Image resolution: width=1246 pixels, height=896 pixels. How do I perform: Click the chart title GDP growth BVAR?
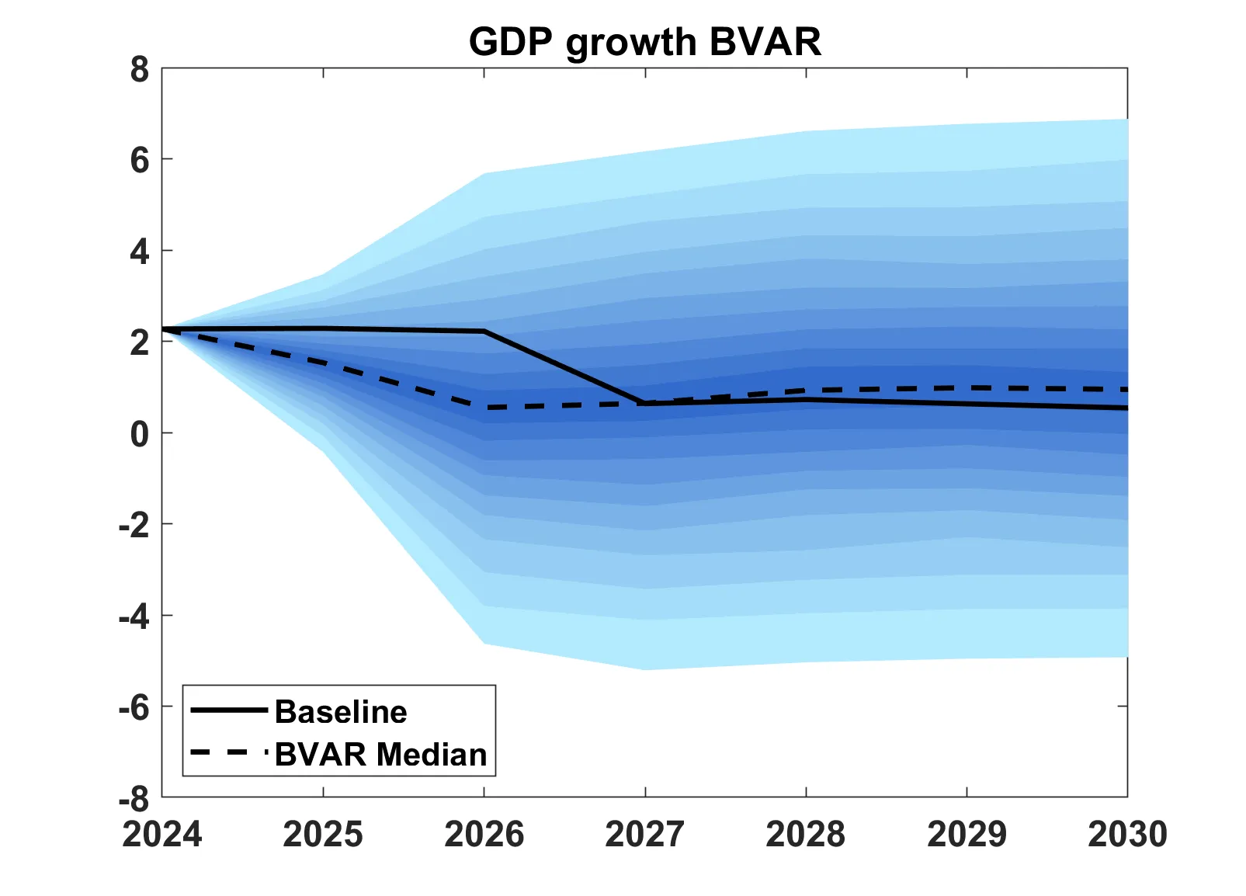coord(644,42)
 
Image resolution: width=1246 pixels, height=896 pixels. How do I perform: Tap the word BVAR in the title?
coord(765,42)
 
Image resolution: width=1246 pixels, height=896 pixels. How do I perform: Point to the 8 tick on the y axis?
coord(140,70)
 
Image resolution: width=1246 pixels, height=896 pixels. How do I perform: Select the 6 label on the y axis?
coord(140,161)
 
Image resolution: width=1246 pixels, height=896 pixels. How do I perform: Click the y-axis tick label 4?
coord(140,252)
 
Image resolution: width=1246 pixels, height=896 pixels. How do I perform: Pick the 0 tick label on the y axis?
coord(140,434)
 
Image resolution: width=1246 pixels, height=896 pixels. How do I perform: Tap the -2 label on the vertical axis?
coord(134,526)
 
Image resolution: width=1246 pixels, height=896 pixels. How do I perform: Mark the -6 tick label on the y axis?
coord(134,707)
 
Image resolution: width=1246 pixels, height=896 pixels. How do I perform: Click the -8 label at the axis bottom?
coord(134,798)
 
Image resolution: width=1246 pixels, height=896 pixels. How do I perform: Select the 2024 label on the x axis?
coord(162,835)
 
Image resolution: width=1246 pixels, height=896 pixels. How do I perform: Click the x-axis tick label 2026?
coord(484,835)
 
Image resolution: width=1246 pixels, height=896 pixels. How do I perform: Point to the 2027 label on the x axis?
coord(644,835)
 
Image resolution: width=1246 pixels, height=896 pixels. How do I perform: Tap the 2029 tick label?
coord(967,835)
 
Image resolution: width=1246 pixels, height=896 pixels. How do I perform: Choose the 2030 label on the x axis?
coord(1127,835)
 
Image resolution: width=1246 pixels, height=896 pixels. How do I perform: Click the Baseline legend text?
coord(341,712)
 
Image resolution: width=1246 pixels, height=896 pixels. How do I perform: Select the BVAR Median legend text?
coord(380,755)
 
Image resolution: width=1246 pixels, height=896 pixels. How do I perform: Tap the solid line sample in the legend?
coord(229,710)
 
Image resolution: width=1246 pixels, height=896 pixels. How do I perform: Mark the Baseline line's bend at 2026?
coord(484,331)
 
